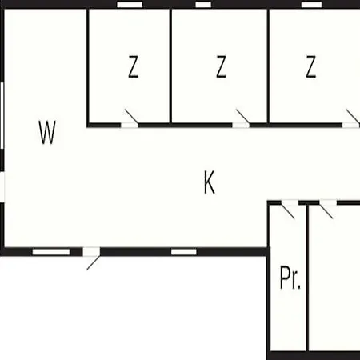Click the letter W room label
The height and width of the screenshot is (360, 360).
coord(47,132)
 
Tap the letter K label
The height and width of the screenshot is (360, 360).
coord(210,182)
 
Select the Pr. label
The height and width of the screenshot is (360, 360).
coord(290,278)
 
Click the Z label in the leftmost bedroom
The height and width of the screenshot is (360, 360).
coord(134,66)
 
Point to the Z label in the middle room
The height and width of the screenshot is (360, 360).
coord(221,66)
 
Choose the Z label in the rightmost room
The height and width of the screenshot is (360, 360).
coord(311,66)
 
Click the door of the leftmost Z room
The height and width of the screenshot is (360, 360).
coord(130,119)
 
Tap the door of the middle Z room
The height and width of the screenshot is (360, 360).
coord(242,119)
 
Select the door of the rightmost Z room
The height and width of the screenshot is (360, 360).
coord(351,119)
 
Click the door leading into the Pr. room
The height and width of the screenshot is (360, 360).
coord(290,209)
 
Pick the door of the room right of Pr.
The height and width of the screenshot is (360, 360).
coord(328,209)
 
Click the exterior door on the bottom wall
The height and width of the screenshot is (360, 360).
coord(91,258)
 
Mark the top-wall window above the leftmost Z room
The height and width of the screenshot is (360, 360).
coord(130,5)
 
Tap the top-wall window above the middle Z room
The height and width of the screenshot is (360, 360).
coord(203,5)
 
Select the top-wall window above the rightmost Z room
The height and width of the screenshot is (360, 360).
coord(311,5)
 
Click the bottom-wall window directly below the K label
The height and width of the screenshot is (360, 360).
coord(184,252)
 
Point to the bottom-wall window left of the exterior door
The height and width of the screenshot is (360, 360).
coord(51,252)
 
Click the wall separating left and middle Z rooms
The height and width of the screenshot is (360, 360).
coord(170,66)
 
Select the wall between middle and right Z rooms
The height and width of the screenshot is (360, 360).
coord(268,66)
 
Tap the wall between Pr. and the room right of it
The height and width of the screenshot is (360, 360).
coord(307,278)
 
